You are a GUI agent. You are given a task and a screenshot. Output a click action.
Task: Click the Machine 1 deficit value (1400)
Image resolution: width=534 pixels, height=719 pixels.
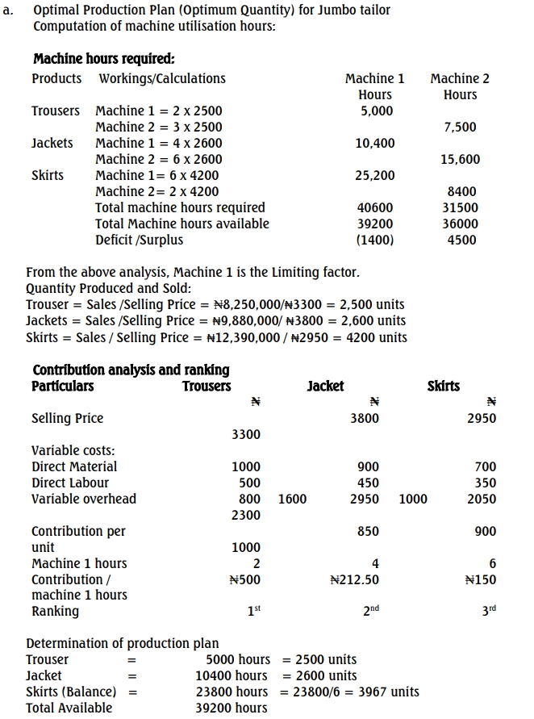tap(375, 240)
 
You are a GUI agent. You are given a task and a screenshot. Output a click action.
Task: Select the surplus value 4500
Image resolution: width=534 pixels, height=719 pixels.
tap(461, 240)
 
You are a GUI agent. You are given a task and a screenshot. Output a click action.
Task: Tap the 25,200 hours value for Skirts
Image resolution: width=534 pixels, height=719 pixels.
tap(375, 175)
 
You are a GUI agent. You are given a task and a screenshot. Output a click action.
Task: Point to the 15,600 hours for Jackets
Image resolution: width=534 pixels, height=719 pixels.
tap(460, 159)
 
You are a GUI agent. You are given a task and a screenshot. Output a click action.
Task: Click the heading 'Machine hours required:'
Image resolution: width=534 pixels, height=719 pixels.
tap(103, 59)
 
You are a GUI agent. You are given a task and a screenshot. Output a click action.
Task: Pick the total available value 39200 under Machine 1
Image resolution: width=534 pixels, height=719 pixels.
tap(375, 224)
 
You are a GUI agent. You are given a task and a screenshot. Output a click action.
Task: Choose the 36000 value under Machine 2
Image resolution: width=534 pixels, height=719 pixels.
tap(461, 224)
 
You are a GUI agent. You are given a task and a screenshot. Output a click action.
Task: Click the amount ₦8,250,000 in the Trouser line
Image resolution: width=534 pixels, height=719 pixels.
tap(247, 305)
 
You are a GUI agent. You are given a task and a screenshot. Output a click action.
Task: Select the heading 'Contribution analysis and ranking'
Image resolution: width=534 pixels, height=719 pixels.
tap(131, 370)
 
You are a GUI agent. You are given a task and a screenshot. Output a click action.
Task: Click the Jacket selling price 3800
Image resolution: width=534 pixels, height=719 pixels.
tap(365, 418)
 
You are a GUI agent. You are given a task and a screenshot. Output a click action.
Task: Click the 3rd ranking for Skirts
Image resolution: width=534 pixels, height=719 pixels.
tap(487, 611)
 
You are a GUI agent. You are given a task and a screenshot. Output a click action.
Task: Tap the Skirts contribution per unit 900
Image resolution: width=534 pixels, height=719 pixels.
tap(486, 531)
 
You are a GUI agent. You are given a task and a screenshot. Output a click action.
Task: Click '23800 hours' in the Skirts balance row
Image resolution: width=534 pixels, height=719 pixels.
tap(232, 692)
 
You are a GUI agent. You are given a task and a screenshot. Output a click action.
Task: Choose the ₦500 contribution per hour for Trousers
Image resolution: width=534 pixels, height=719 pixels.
tap(244, 579)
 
